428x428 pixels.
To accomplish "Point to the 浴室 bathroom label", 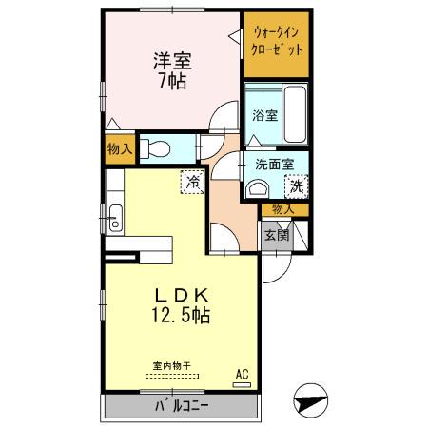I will [x=265, y=116].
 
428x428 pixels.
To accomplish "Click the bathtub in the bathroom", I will [x=296, y=112].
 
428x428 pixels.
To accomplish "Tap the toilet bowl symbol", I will [x=160, y=148].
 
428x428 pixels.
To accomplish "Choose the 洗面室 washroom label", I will [x=275, y=164].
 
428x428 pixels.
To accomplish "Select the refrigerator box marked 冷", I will [x=193, y=181].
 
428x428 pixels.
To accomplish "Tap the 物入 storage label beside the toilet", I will [x=119, y=149].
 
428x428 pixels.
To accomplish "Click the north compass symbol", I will [x=313, y=399].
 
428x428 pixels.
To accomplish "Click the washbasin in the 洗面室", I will [x=255, y=188].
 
